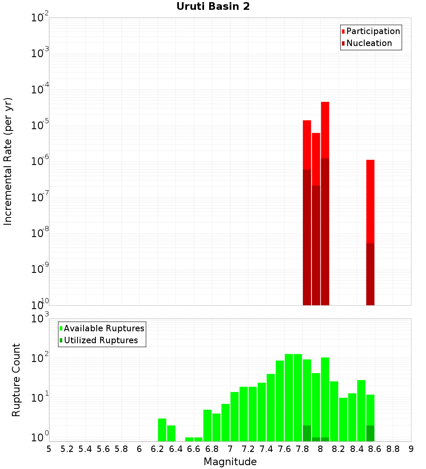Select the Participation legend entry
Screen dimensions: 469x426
(x=373, y=32)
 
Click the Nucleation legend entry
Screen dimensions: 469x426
(x=368, y=43)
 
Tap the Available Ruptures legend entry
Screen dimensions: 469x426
(x=104, y=329)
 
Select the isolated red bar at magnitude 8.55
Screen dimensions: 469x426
(x=370, y=200)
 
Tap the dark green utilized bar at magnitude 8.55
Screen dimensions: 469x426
(x=370, y=433)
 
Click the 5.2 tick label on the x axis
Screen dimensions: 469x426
(x=67, y=449)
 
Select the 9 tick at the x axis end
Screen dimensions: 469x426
(x=411, y=449)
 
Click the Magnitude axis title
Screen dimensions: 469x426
(x=230, y=462)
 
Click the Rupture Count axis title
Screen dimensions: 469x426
(x=16, y=380)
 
